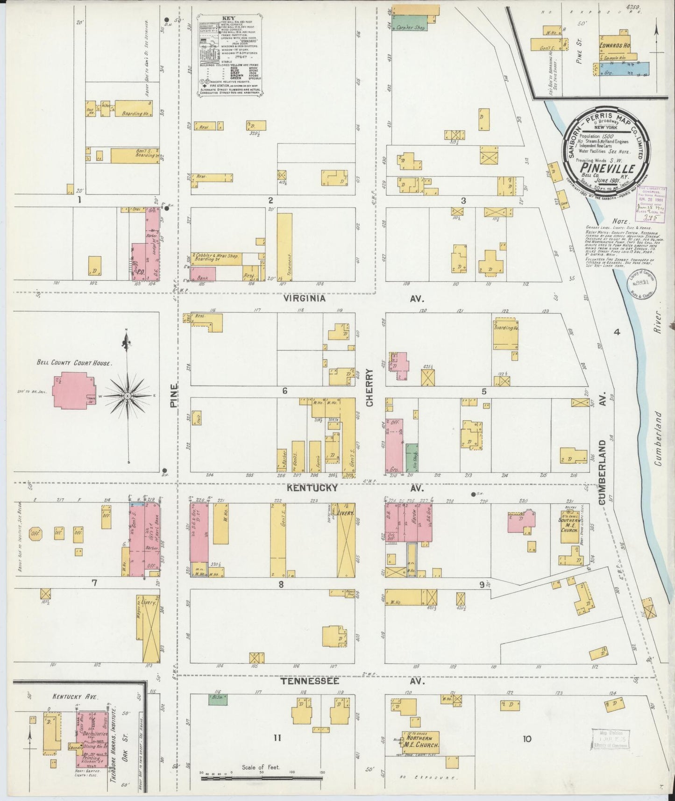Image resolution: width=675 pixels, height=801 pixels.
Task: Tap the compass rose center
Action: [x=127, y=396]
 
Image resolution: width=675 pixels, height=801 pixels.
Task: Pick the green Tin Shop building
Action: [x=412, y=458]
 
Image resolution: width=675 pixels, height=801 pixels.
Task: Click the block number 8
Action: [x=281, y=584]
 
